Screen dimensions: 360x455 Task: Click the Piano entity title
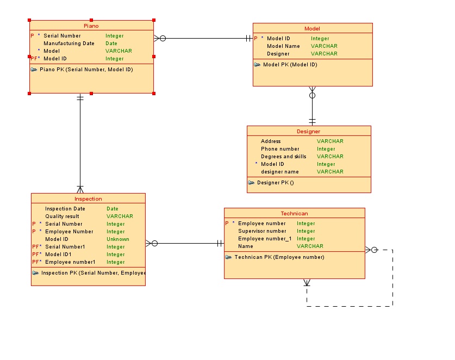[91, 26]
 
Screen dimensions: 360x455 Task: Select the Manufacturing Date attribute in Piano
[68, 44]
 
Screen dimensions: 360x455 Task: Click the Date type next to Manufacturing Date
[111, 44]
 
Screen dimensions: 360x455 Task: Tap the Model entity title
[312, 28]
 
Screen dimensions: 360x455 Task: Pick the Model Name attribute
[283, 46]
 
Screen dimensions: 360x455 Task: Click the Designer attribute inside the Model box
[278, 54]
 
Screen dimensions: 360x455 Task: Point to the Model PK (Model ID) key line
[290, 65]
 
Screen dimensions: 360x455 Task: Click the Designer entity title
[308, 131]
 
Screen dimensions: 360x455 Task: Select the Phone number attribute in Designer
[279, 149]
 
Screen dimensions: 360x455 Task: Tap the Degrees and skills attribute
[283, 157]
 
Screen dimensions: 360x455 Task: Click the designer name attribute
[279, 172]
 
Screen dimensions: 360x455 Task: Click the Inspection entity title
[88, 198]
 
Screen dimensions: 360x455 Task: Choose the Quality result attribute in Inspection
[62, 216]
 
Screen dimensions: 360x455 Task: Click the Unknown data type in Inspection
[117, 239]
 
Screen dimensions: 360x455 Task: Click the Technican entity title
[294, 213]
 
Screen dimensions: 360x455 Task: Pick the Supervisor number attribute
[262, 231]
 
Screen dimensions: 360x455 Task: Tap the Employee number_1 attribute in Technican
[265, 239]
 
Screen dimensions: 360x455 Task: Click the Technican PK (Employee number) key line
[279, 257]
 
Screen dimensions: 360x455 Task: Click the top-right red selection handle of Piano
[154, 20]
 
